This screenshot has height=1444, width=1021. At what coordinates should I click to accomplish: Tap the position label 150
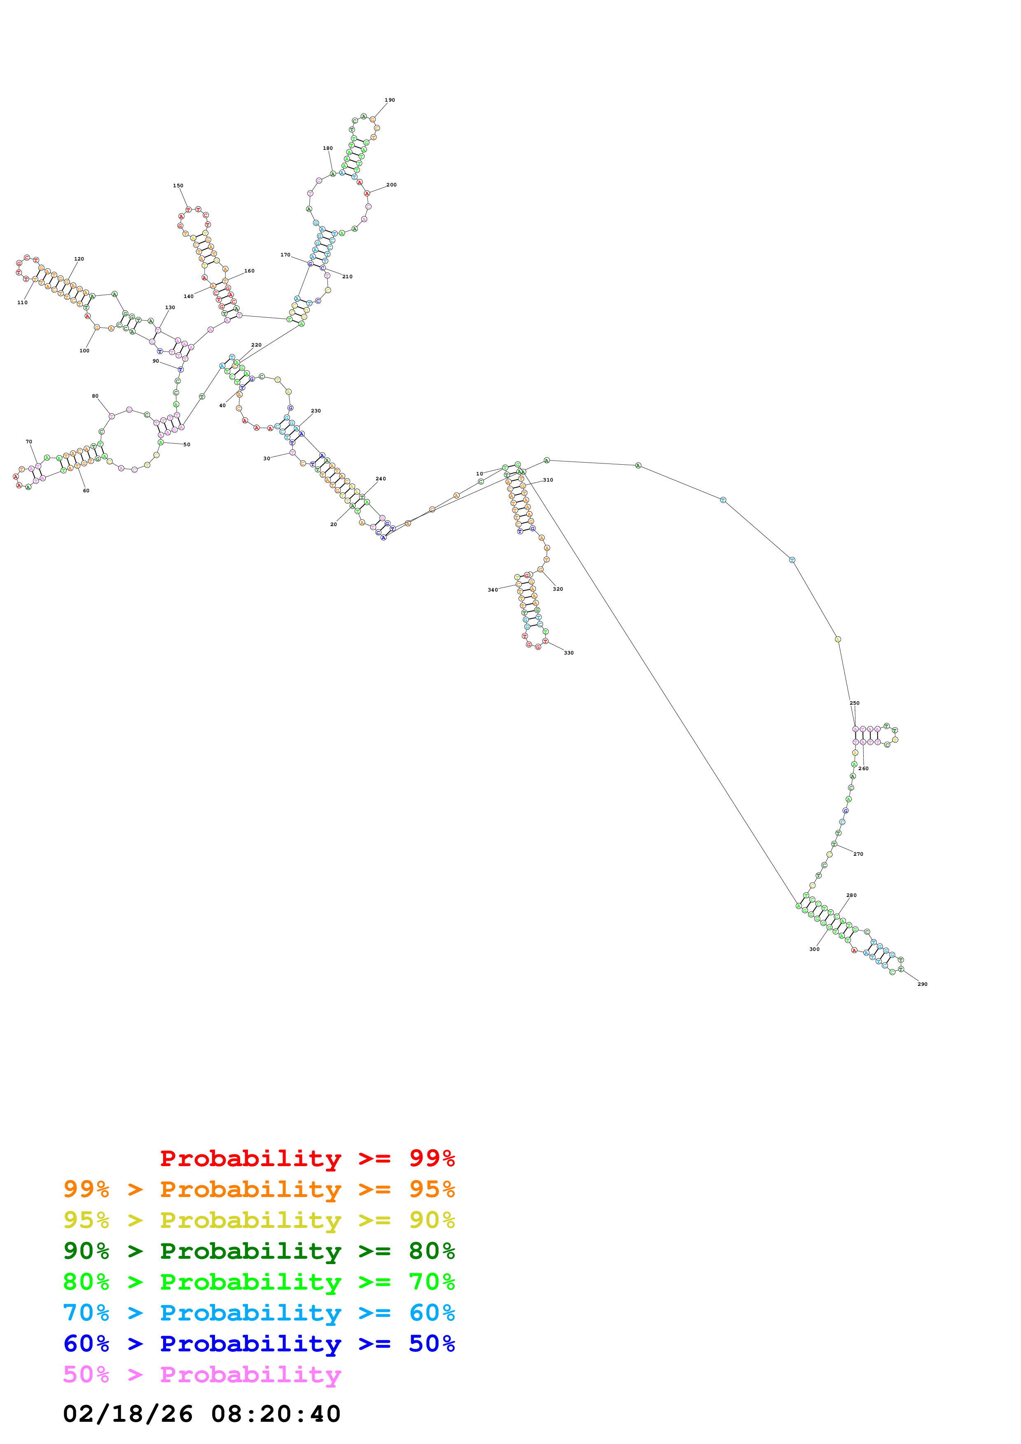click(178, 186)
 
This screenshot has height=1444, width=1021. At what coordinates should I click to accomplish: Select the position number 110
click(23, 303)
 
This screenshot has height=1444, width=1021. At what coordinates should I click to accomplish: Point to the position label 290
click(922, 984)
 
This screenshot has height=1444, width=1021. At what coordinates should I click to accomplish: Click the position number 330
click(569, 653)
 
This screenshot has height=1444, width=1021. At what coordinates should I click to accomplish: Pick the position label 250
click(854, 703)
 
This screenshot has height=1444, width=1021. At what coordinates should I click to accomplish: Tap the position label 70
click(29, 442)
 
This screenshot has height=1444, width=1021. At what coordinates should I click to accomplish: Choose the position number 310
click(548, 480)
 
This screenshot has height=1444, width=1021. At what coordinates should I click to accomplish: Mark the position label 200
click(391, 185)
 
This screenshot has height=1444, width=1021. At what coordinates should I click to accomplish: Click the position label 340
click(493, 590)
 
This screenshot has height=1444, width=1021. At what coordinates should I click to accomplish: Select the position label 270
click(858, 854)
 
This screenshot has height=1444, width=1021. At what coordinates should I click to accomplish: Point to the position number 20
click(334, 524)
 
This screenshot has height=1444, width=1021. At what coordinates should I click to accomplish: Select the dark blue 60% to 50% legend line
click(259, 1344)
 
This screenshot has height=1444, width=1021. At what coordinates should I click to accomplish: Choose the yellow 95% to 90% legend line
click(259, 1220)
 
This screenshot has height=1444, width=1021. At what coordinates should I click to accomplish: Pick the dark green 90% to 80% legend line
click(259, 1251)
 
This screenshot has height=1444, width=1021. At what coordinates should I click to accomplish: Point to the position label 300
click(814, 949)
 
